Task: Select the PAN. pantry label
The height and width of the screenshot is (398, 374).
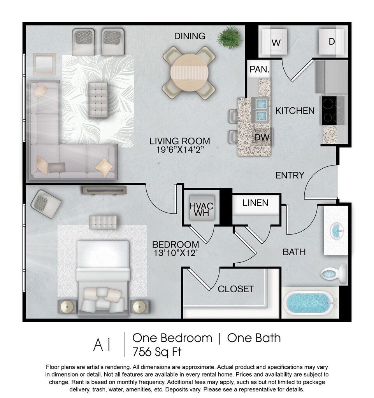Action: [x=259, y=69]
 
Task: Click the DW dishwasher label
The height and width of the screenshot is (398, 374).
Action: [x=262, y=137]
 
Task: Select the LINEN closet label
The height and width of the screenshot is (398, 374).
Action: [x=255, y=203]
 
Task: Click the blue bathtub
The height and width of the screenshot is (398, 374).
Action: [x=309, y=303]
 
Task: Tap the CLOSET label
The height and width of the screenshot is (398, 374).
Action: [x=236, y=289]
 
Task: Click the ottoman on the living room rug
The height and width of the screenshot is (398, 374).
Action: [x=98, y=100]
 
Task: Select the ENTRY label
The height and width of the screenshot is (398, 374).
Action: [x=290, y=175]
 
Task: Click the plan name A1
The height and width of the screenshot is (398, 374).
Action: [x=102, y=345]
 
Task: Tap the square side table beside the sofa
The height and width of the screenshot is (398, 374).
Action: [x=44, y=64]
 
